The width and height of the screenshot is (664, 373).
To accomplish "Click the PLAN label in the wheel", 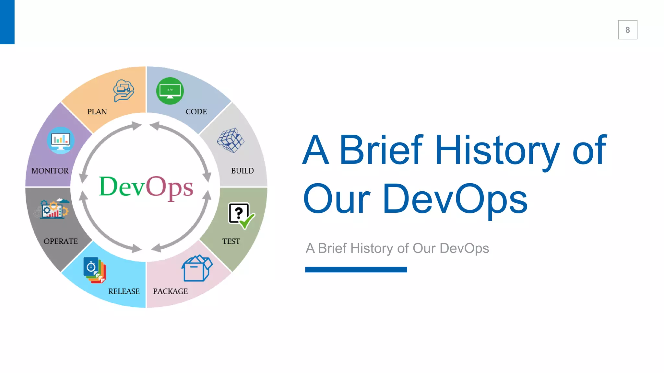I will pos(97,112).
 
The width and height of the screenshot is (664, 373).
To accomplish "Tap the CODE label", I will pos(196,112).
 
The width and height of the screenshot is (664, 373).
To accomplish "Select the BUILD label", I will pos(242,171).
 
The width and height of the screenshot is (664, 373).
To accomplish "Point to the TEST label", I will pos(231,241).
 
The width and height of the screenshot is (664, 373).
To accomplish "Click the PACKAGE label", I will pos(170,291).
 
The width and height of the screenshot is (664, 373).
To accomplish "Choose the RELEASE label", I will pos(124,291).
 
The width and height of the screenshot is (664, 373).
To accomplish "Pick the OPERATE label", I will pos(61,241).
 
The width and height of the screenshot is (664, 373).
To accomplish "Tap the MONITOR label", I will pos(50,171).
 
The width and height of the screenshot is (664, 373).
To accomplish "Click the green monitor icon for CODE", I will pos(170,91).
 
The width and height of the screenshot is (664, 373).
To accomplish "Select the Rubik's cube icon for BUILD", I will pos(231,140).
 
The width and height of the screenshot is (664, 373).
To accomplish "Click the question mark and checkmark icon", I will pos(241,215).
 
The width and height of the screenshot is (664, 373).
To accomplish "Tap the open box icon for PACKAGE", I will pos(197,268).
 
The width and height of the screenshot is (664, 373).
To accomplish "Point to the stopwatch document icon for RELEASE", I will pos(94,270).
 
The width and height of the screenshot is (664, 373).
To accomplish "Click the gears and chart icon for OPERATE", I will pos(52,209).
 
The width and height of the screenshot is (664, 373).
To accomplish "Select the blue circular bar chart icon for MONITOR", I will pos(61,141).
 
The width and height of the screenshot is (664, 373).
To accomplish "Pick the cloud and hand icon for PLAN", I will pos(124,91).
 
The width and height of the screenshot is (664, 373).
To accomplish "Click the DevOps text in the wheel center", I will pos(146,187).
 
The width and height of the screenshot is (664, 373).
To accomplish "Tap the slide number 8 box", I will pos(627,30).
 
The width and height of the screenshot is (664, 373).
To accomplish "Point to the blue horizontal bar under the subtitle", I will pos(356,269).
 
